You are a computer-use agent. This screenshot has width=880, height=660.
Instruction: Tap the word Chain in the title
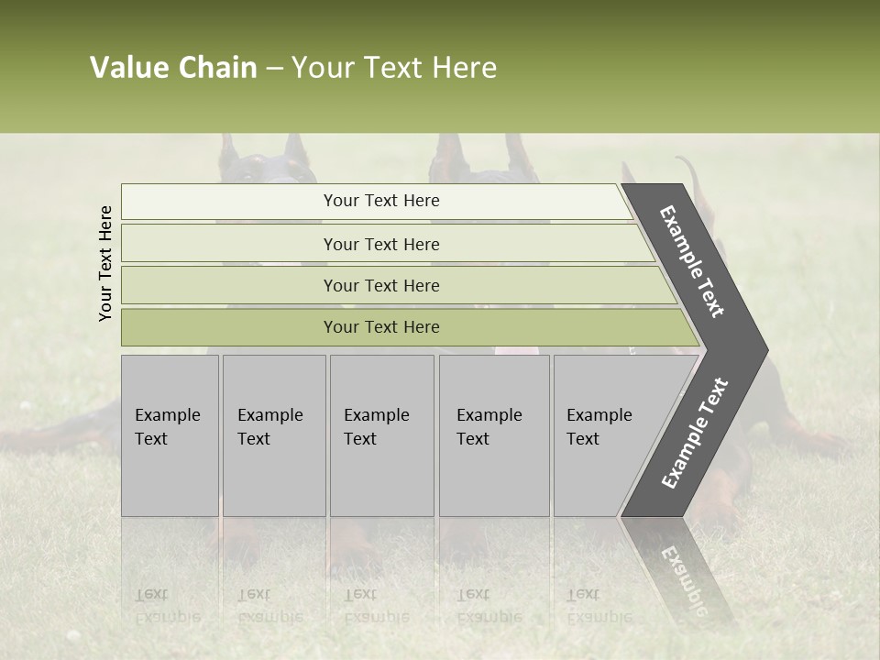click(x=217, y=68)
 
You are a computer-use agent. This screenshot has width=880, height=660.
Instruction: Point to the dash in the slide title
click(x=274, y=69)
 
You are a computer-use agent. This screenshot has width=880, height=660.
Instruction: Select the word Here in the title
click(x=464, y=68)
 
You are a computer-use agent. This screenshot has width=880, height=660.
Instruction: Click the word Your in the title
click(x=324, y=68)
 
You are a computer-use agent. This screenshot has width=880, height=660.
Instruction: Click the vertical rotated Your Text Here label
click(x=105, y=263)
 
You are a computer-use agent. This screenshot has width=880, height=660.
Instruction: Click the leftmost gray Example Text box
click(x=170, y=435)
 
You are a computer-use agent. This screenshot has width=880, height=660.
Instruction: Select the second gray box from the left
click(x=273, y=435)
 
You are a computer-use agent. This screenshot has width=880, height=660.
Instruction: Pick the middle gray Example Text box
click(x=381, y=435)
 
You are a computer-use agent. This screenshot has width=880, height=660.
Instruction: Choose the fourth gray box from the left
click(x=494, y=435)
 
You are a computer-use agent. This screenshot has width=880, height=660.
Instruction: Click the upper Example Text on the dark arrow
click(x=692, y=261)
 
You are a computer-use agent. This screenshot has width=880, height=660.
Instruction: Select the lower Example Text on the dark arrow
click(x=695, y=434)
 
